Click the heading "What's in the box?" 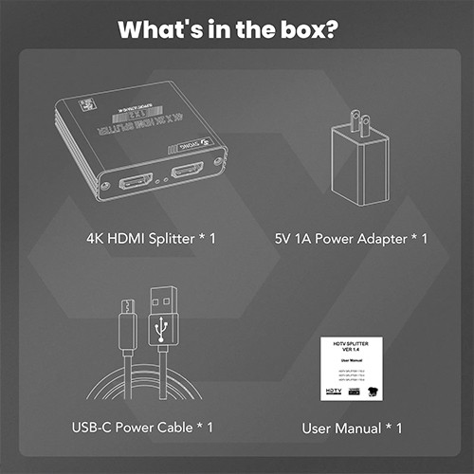point(237,27)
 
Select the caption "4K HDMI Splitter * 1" point(145,237)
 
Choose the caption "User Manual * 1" point(352,428)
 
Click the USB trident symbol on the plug point(163,327)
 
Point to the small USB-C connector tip point(127,306)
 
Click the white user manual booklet point(352,365)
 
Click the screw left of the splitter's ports point(106,187)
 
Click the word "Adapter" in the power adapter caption point(384,237)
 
